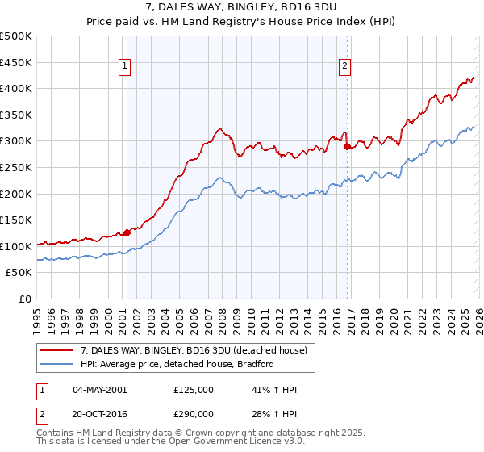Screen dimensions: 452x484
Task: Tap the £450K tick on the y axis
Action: point(16,62)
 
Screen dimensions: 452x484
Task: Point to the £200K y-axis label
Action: point(16,194)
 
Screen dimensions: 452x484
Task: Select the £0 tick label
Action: point(24,299)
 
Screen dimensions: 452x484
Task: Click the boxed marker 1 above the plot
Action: point(126,67)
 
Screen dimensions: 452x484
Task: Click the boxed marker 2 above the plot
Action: point(345,67)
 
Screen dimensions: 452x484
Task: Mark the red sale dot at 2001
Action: point(127,233)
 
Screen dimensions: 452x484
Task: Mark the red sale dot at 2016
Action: point(347,147)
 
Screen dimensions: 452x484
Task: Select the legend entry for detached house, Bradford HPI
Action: point(177,364)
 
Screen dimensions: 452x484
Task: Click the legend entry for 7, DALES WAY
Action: point(194,350)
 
